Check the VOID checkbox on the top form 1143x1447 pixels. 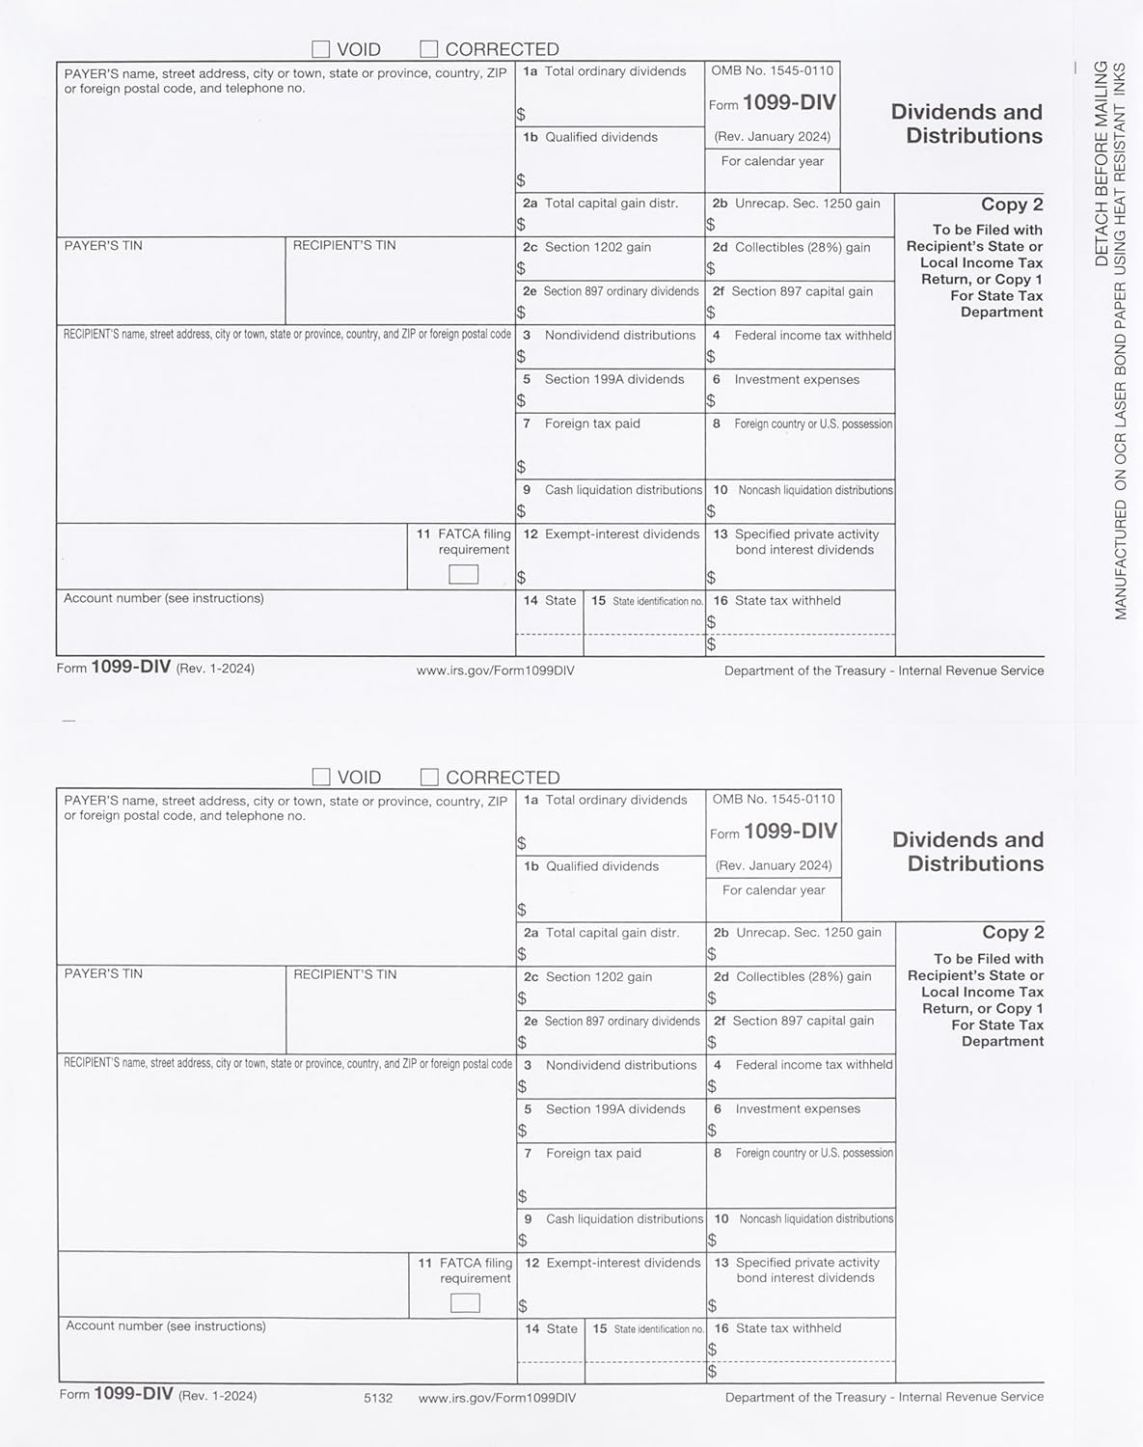click(321, 49)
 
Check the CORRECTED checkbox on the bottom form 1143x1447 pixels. click(430, 778)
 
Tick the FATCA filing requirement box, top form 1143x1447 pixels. click(464, 575)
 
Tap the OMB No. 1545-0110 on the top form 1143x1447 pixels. click(773, 70)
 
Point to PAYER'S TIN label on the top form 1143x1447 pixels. click(103, 246)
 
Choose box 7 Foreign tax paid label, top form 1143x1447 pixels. click(591, 423)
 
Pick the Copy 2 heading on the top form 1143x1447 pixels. click(1012, 205)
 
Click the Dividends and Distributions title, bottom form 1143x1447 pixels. click(968, 851)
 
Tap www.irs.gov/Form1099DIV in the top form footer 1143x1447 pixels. click(495, 670)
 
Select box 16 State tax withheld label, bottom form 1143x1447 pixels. click(788, 1328)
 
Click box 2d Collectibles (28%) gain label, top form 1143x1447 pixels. click(802, 248)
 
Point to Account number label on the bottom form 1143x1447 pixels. click(165, 1326)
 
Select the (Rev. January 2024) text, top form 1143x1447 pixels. click(773, 137)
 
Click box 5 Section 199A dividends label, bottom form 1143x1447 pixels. click(614, 1109)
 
